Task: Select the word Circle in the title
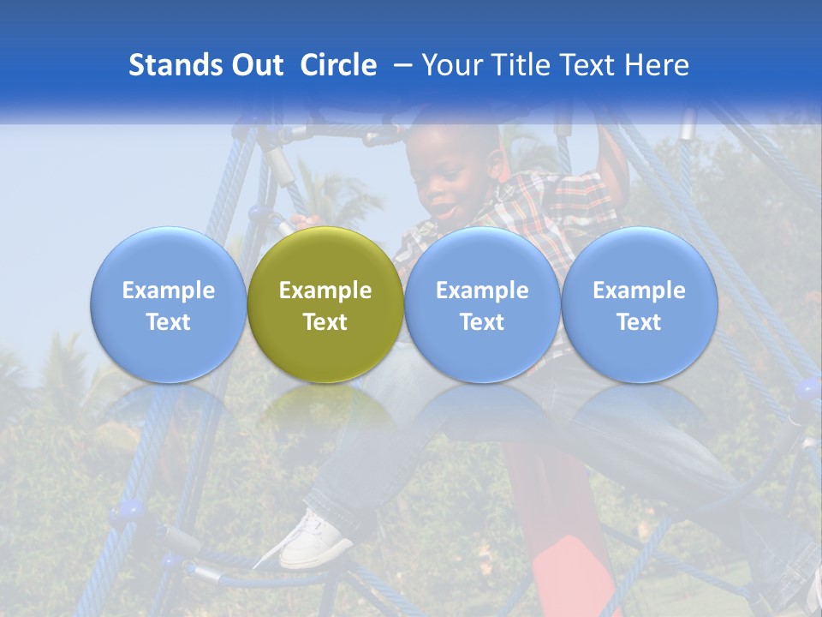[338, 65]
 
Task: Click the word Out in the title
[257, 65]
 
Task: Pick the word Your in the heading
[451, 65]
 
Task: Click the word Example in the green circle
[325, 291]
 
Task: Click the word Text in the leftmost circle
[168, 322]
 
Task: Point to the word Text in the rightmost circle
[639, 322]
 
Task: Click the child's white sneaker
[313, 540]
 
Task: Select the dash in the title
[400, 65]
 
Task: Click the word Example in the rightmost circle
[639, 291]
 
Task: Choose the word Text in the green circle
[325, 322]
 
